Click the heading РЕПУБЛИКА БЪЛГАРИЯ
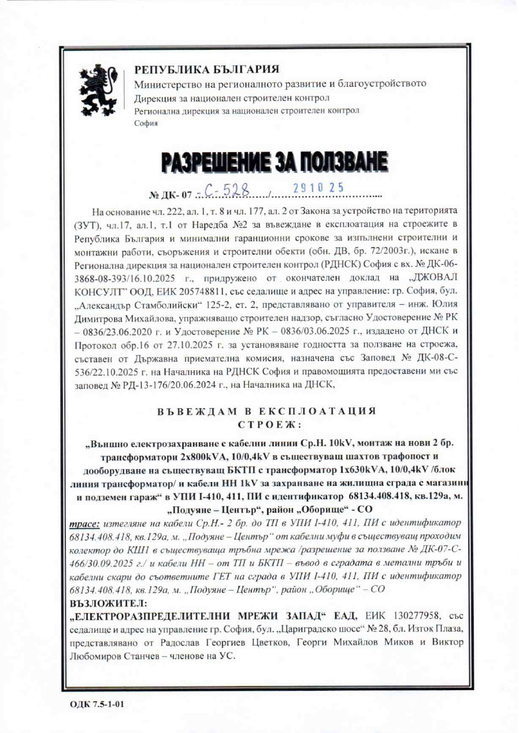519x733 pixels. pyautogui.click(x=207, y=70)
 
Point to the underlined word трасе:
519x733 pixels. pyautogui.click(x=83, y=523)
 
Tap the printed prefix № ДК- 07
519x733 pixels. pyautogui.click(x=171, y=195)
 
